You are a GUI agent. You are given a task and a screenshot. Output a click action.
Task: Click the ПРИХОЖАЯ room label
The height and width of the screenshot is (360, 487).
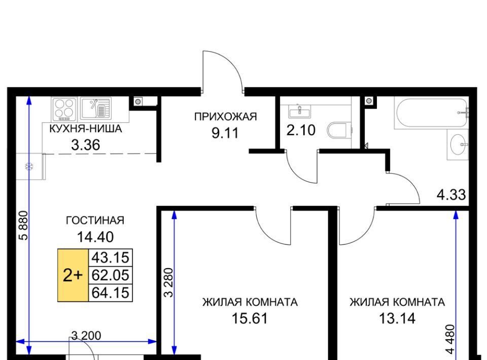(x=225, y=117)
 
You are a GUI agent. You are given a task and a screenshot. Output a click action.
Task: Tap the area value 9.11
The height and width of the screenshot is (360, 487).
(x=225, y=133)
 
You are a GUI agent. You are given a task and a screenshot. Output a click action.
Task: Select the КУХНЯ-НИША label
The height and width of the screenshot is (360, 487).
(x=85, y=128)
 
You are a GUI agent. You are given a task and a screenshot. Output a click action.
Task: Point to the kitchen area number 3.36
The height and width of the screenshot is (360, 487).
(x=85, y=145)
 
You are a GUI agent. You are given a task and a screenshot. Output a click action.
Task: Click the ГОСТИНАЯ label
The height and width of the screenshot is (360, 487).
(x=95, y=221)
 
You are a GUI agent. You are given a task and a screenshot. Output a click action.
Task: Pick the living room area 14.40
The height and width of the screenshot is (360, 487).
(x=95, y=237)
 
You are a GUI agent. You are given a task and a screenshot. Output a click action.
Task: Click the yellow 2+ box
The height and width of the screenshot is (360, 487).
(x=73, y=275)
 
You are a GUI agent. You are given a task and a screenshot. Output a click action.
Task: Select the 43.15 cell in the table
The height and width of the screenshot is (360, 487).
(x=111, y=258)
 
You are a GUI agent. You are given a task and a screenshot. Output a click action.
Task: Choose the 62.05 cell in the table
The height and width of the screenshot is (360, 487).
(x=111, y=275)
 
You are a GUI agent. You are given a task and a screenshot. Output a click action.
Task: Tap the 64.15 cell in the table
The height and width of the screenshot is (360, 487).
(x=111, y=293)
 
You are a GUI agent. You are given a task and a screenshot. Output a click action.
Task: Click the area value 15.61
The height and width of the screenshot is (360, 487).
(x=250, y=318)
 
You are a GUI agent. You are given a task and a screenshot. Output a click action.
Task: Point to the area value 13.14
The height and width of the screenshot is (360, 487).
(x=397, y=318)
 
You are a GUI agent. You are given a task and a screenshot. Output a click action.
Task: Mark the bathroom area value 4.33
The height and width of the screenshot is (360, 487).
(x=451, y=195)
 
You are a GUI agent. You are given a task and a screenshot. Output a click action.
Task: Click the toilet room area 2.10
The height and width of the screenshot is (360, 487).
(x=301, y=130)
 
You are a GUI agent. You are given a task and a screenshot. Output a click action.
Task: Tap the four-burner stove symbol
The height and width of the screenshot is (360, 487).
(x=64, y=109)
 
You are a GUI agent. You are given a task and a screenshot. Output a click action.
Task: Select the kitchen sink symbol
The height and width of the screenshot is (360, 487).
(x=96, y=109)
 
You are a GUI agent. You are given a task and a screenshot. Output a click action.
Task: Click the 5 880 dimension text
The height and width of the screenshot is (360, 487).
(x=24, y=226)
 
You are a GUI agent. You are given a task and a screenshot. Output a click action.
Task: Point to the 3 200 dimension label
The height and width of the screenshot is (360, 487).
(x=86, y=336)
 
